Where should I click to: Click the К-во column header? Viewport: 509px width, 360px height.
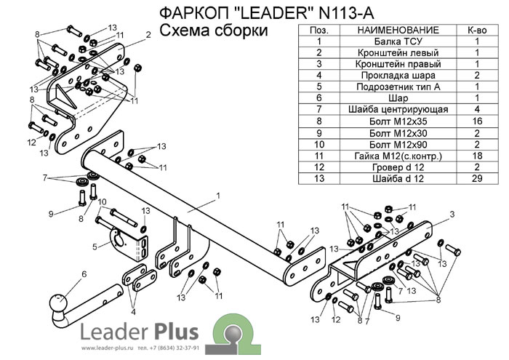click(x=476, y=31)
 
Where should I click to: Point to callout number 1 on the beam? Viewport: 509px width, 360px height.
click(x=217, y=196)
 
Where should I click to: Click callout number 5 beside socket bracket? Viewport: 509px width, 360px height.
click(x=95, y=247)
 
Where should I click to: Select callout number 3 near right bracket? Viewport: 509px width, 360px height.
click(x=452, y=214)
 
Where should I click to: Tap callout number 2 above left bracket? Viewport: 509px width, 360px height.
click(x=148, y=34)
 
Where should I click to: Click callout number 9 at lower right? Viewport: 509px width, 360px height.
click(x=397, y=318)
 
